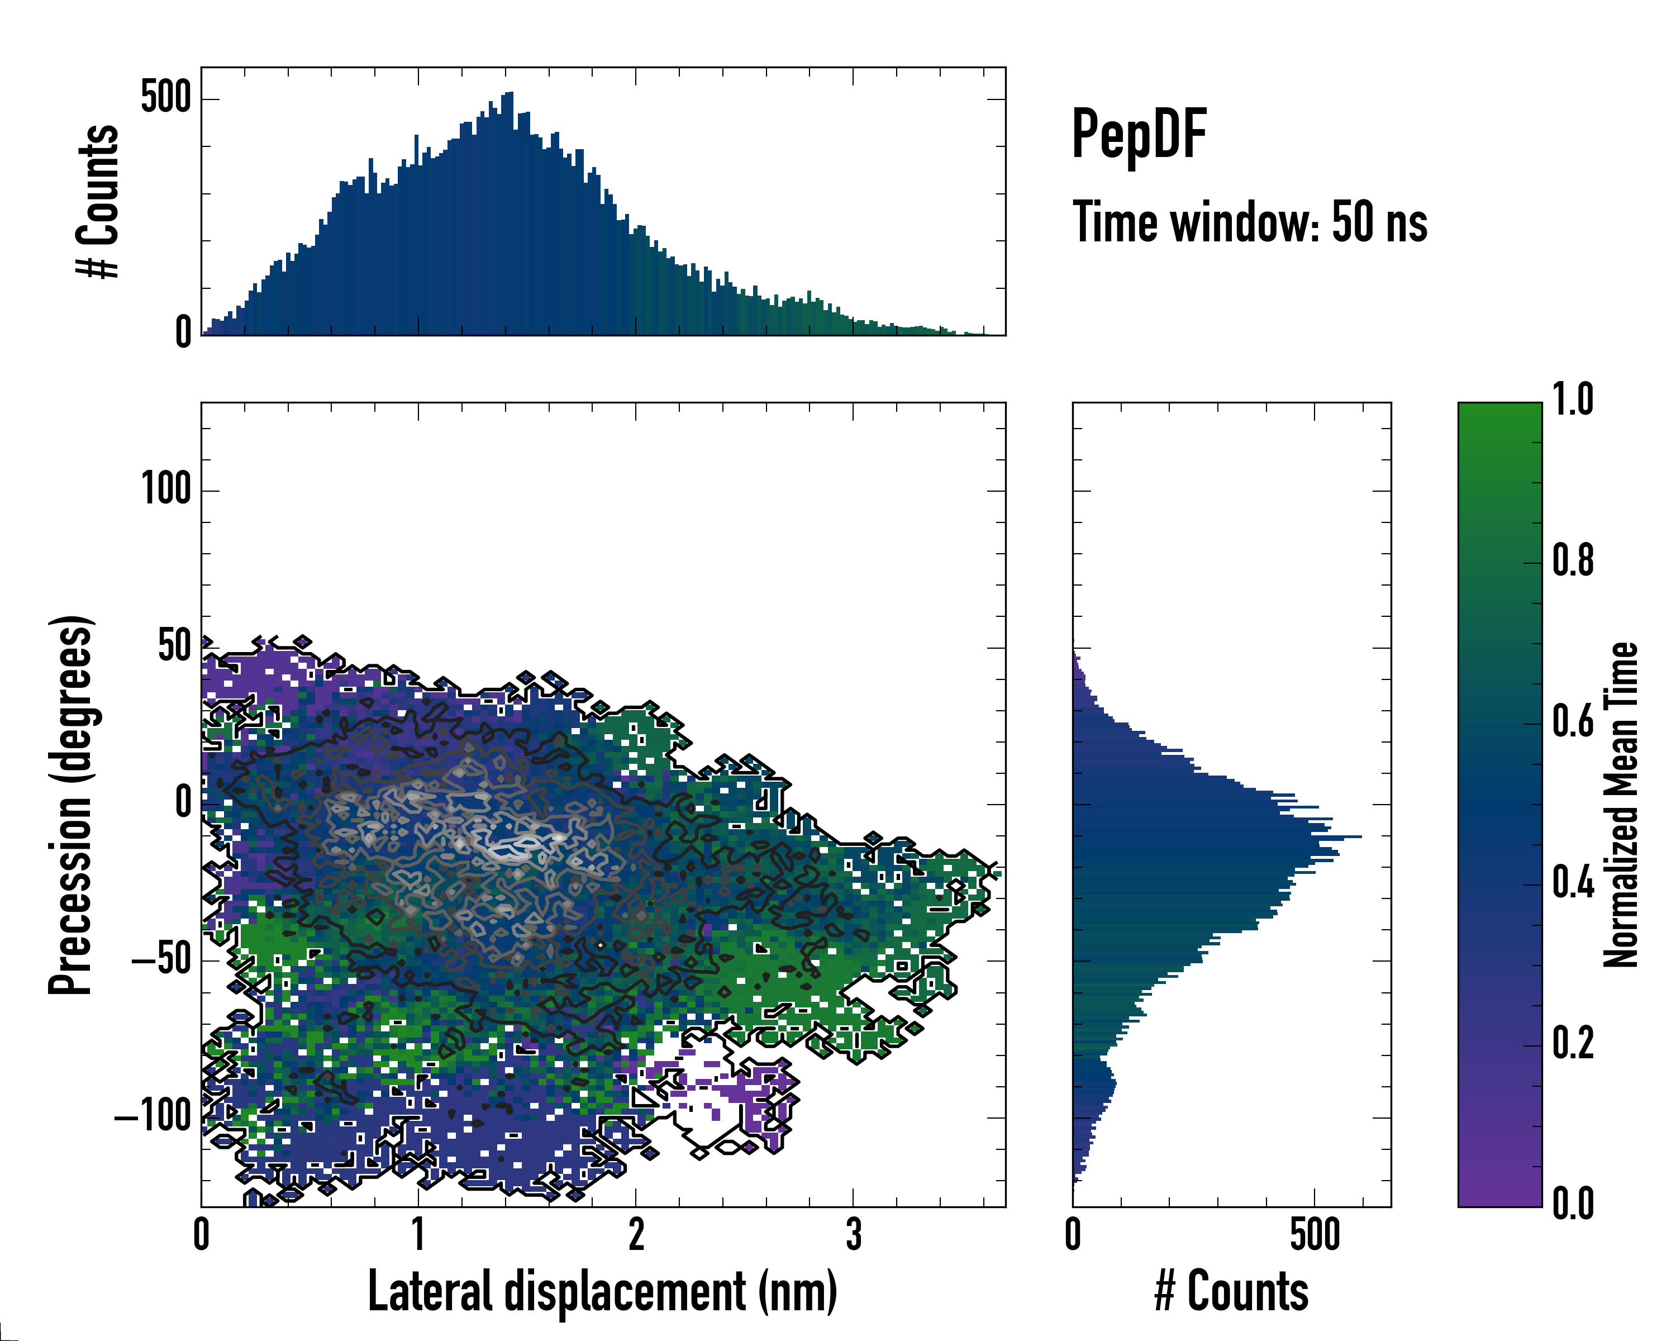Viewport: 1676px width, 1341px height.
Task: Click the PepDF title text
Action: [1139, 135]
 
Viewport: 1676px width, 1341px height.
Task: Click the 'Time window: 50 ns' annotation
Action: [1249, 222]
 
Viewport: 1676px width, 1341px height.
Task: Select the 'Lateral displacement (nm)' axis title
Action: [602, 1291]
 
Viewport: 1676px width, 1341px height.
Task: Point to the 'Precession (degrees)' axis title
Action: [72, 805]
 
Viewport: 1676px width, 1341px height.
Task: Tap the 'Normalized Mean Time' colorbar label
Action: [1621, 805]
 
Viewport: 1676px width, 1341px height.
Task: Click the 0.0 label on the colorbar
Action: [1573, 1204]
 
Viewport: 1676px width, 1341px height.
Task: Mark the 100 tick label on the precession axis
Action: [165, 490]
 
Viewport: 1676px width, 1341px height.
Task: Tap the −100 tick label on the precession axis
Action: [153, 1116]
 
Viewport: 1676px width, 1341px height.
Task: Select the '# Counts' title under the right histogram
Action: [1231, 1291]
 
